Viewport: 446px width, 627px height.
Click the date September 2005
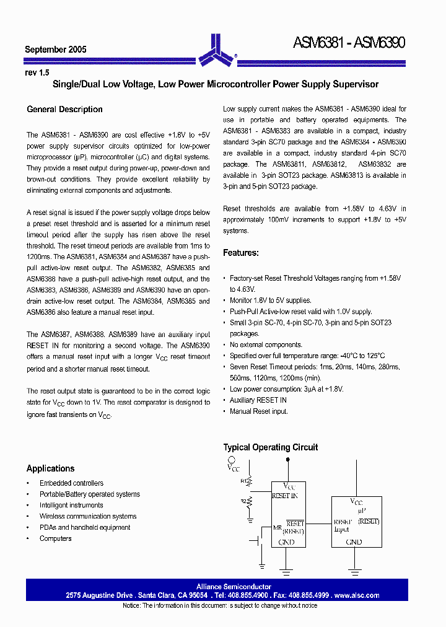(56, 50)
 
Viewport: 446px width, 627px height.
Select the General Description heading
(64, 110)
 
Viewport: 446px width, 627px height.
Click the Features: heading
(241, 253)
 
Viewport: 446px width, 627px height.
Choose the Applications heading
(50, 468)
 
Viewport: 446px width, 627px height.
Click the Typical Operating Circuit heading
(270, 447)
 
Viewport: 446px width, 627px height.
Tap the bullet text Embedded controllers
(71, 483)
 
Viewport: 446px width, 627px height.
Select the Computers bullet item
(55, 538)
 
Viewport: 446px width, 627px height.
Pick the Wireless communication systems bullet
(87, 516)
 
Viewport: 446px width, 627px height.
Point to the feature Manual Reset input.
(258, 411)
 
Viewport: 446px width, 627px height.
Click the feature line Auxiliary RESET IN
(258, 400)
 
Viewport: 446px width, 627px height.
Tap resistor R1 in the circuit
(249, 481)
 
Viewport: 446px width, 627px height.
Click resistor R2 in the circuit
(249, 501)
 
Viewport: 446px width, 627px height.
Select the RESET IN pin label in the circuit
(284, 496)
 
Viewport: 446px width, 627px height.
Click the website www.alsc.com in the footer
(357, 595)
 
